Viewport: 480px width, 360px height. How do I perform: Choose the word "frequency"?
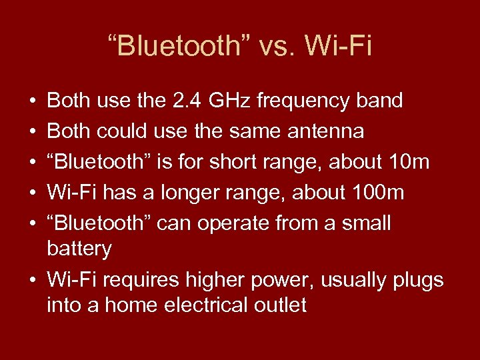pyautogui.click(x=303, y=101)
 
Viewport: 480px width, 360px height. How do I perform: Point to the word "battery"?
pyautogui.click(x=79, y=249)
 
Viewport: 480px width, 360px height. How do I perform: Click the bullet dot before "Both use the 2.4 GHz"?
pyautogui.click(x=33, y=102)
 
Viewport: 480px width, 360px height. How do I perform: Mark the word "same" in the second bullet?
pyautogui.click(x=254, y=131)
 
